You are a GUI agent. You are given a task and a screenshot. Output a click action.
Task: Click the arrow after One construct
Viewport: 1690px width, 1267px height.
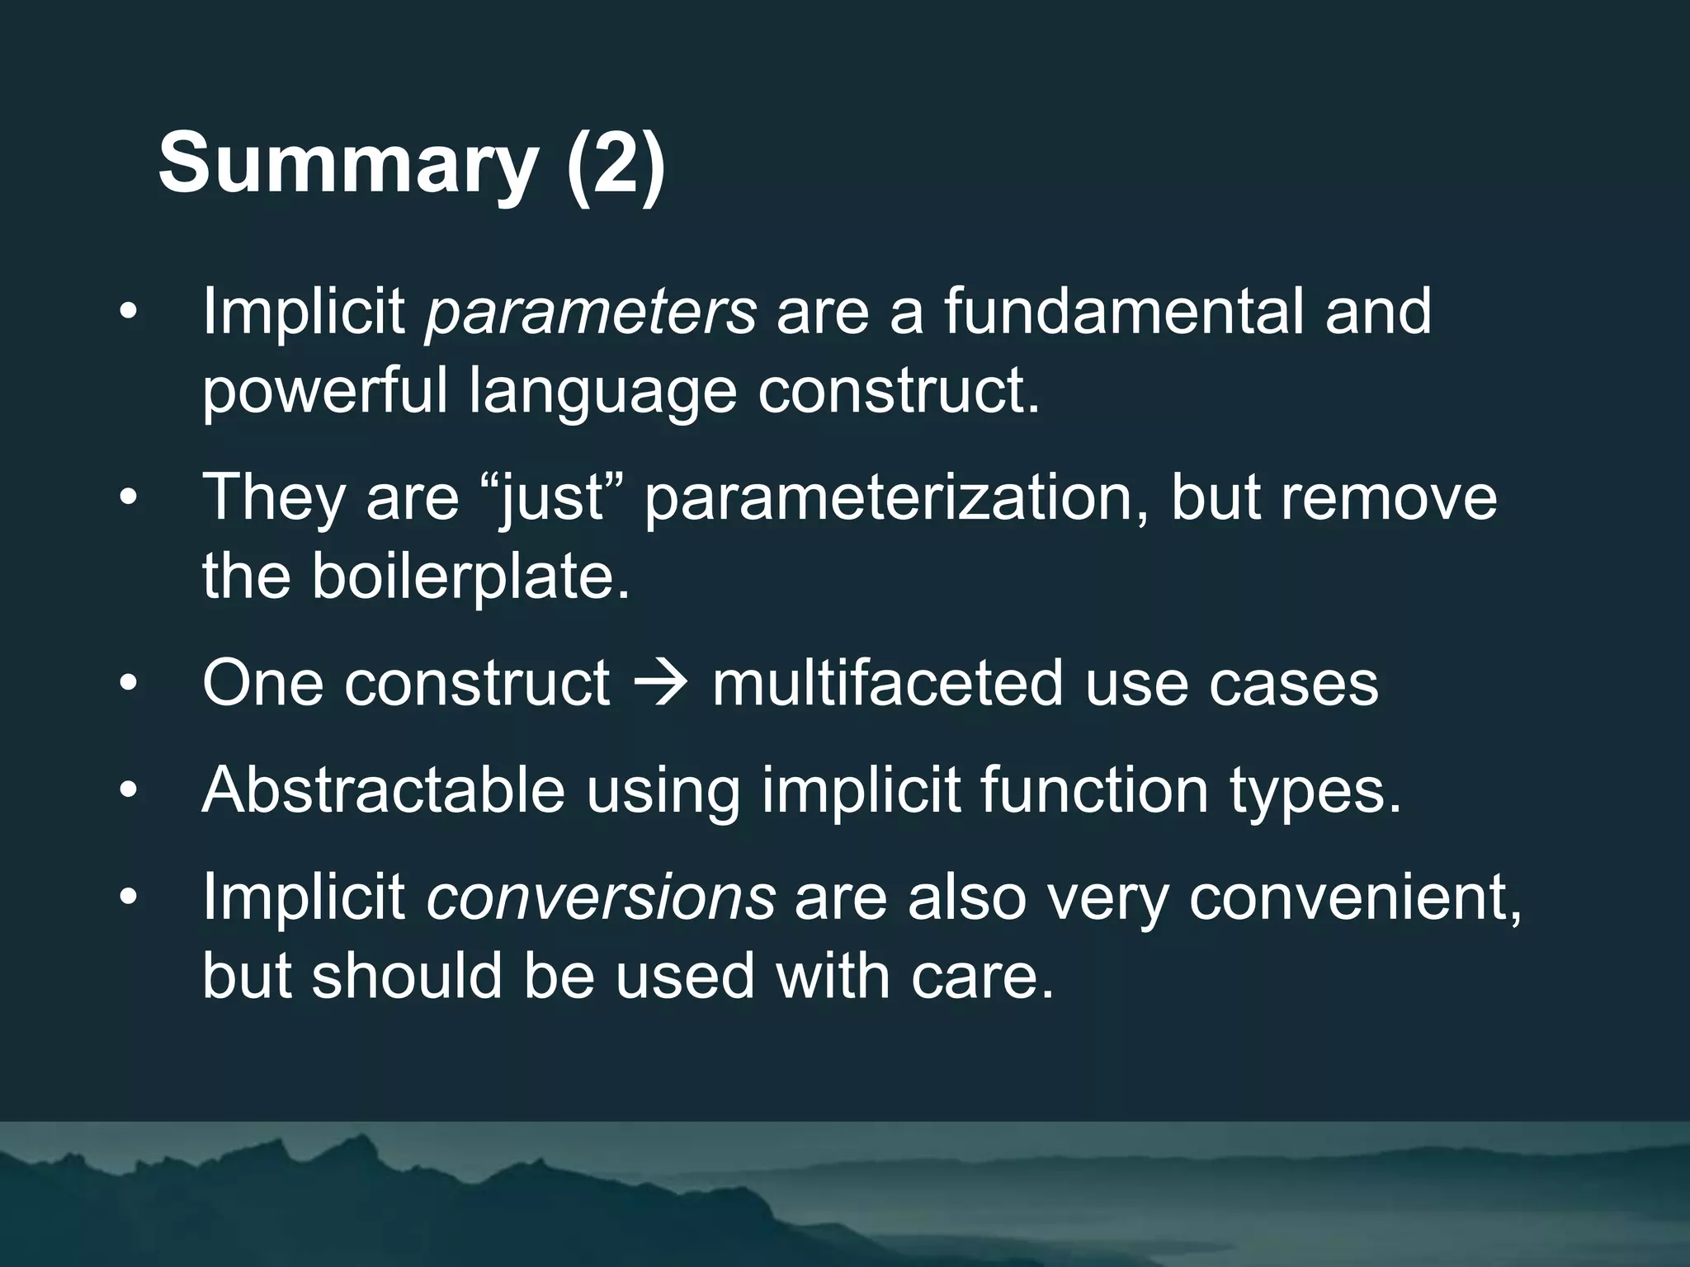pyautogui.click(x=660, y=684)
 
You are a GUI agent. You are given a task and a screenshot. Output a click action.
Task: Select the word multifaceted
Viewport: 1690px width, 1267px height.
pyautogui.click(x=887, y=684)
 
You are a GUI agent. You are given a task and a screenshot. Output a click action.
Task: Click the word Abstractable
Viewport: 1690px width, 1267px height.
pyautogui.click(x=383, y=790)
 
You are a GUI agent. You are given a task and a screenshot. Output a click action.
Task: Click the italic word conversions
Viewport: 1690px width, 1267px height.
pyautogui.click(x=600, y=897)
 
